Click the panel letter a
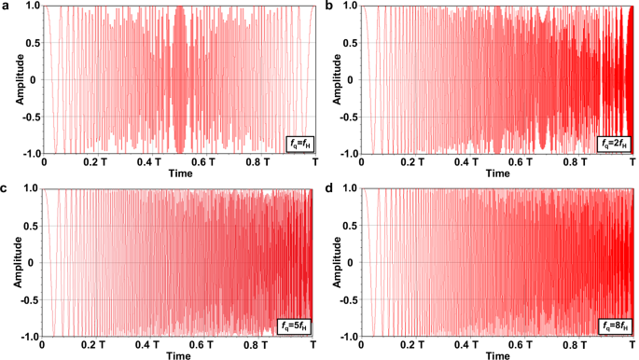click(x=6, y=7)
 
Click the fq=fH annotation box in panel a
click(x=300, y=143)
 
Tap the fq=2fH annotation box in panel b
click(x=614, y=143)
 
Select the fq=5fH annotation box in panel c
click(x=297, y=325)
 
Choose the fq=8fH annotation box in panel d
click(x=614, y=325)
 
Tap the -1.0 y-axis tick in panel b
click(x=352, y=153)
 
